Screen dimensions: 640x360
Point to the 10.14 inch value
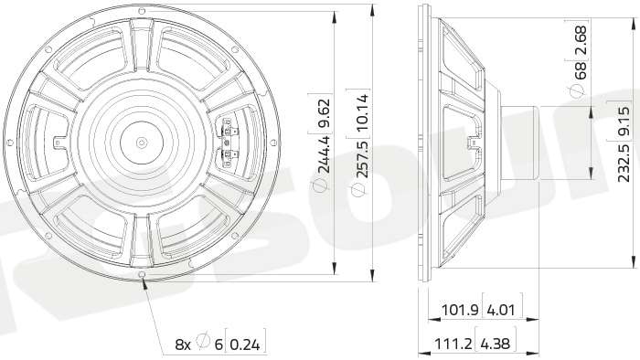tap(361, 112)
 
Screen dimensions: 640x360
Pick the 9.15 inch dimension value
tap(624, 122)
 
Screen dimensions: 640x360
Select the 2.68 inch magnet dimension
tap(580, 40)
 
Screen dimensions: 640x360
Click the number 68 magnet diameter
tap(580, 70)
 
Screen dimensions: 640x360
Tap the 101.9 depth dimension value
tap(460, 311)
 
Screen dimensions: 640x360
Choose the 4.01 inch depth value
tap(501, 311)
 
